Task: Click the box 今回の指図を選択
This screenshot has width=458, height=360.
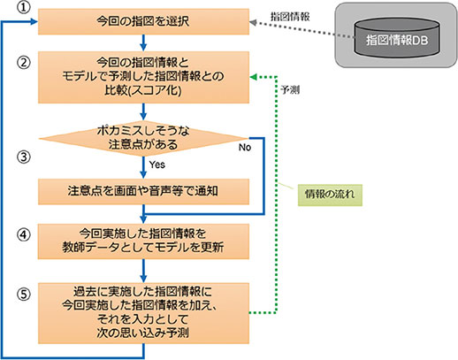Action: (143, 21)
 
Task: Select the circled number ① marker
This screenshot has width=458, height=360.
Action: (24, 7)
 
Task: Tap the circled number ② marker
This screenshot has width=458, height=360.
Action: (24, 63)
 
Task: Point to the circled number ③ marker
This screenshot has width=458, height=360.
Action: (24, 157)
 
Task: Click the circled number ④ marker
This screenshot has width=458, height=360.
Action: (24, 235)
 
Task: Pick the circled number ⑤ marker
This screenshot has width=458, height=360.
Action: (24, 294)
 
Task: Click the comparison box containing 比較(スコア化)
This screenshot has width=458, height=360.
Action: (143, 77)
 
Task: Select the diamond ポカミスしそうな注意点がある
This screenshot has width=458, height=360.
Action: (143, 138)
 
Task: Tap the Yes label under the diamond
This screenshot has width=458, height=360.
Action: (157, 165)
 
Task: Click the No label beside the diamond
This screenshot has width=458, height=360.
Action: (245, 147)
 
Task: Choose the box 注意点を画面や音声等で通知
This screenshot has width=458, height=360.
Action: (143, 192)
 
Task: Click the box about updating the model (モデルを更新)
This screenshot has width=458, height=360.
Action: (143, 241)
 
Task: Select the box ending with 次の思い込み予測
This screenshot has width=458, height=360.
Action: (143, 313)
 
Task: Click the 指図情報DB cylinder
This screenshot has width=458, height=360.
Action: (397, 38)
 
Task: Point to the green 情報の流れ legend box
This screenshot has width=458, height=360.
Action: (330, 195)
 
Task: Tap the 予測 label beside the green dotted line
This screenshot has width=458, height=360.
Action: (290, 89)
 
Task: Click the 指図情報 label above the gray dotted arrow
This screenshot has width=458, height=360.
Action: (290, 17)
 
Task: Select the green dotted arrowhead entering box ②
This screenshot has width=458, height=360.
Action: (254, 77)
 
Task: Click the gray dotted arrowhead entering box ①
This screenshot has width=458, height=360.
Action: (254, 22)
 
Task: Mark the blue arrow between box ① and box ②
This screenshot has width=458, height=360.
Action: (143, 42)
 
